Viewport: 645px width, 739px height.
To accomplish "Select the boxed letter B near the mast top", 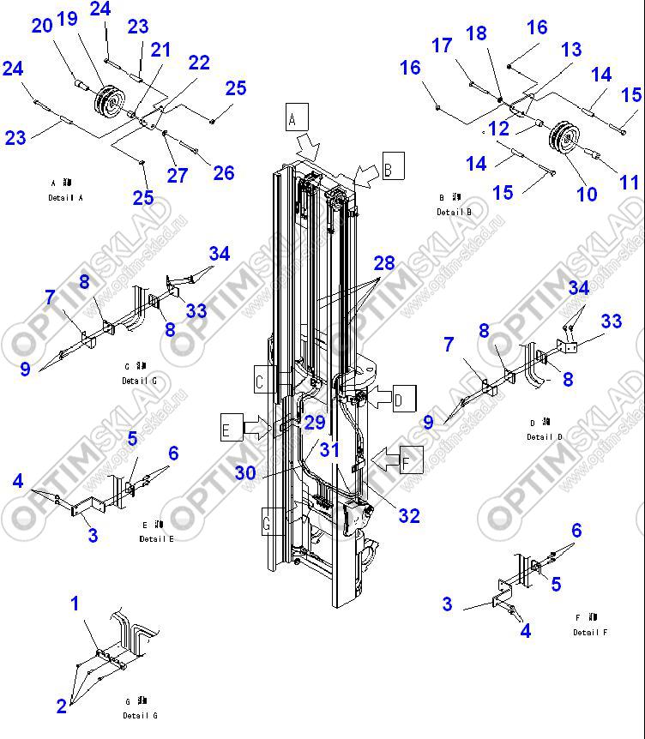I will click(392, 168).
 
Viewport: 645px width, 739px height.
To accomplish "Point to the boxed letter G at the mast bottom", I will click(271, 520).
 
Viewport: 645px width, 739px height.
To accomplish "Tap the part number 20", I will click(42, 27).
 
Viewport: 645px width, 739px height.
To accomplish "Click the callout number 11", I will click(630, 183).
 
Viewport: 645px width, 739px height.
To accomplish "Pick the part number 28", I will click(383, 263).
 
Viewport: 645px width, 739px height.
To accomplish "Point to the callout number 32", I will click(409, 515).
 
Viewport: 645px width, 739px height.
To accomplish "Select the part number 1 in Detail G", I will click(75, 604).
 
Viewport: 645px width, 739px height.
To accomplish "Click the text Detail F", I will click(590, 632).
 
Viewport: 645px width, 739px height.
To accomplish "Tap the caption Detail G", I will click(140, 715).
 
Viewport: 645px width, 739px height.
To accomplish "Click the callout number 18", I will click(476, 34).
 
